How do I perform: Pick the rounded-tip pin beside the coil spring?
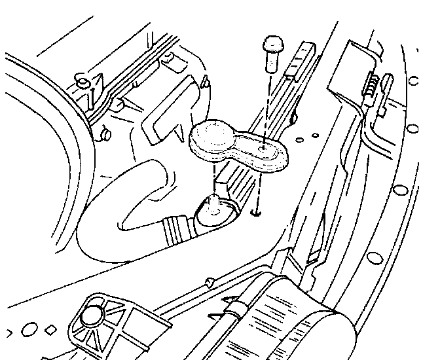click(x=386, y=81)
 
